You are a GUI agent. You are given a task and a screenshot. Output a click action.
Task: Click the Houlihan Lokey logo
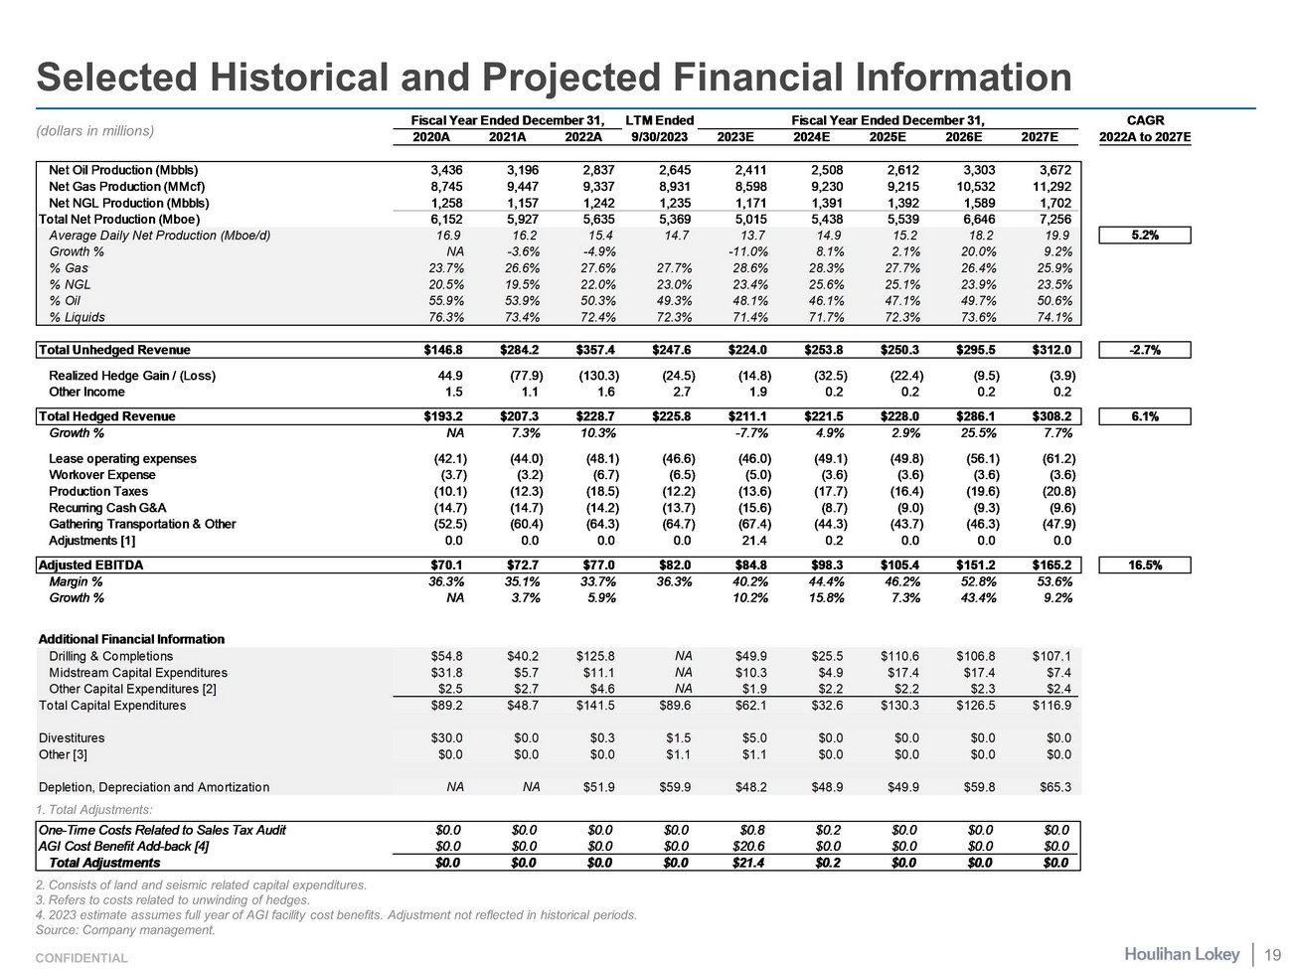coord(1182,954)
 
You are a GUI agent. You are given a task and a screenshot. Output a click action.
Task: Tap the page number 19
coord(1272,955)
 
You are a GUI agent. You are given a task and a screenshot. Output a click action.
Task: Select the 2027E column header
coord(1040,137)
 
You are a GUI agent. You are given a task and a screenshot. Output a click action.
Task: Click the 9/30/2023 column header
coord(659,137)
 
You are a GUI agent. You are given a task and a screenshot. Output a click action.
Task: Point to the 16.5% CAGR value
coord(1144,565)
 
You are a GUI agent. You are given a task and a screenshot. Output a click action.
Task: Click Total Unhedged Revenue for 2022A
coord(597,350)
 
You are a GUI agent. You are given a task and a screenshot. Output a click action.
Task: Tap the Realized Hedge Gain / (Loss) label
coord(131,376)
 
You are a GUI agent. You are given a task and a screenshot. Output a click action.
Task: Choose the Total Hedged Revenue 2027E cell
coord(1050,416)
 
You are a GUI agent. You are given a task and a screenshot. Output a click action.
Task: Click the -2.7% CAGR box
coord(1144,350)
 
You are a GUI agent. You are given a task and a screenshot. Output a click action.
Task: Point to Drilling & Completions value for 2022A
coord(595,656)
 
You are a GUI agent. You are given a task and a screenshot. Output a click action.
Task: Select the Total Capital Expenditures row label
coord(112,706)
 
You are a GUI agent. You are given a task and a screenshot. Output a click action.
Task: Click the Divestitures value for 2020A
coord(447,738)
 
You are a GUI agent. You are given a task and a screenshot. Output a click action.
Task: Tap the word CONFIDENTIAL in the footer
coord(81,958)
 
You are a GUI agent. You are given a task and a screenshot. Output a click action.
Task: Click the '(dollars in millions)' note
coord(95,130)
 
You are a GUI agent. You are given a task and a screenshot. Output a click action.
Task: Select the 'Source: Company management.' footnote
coord(125,930)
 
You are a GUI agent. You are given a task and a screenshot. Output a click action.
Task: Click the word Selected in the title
coord(112,78)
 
